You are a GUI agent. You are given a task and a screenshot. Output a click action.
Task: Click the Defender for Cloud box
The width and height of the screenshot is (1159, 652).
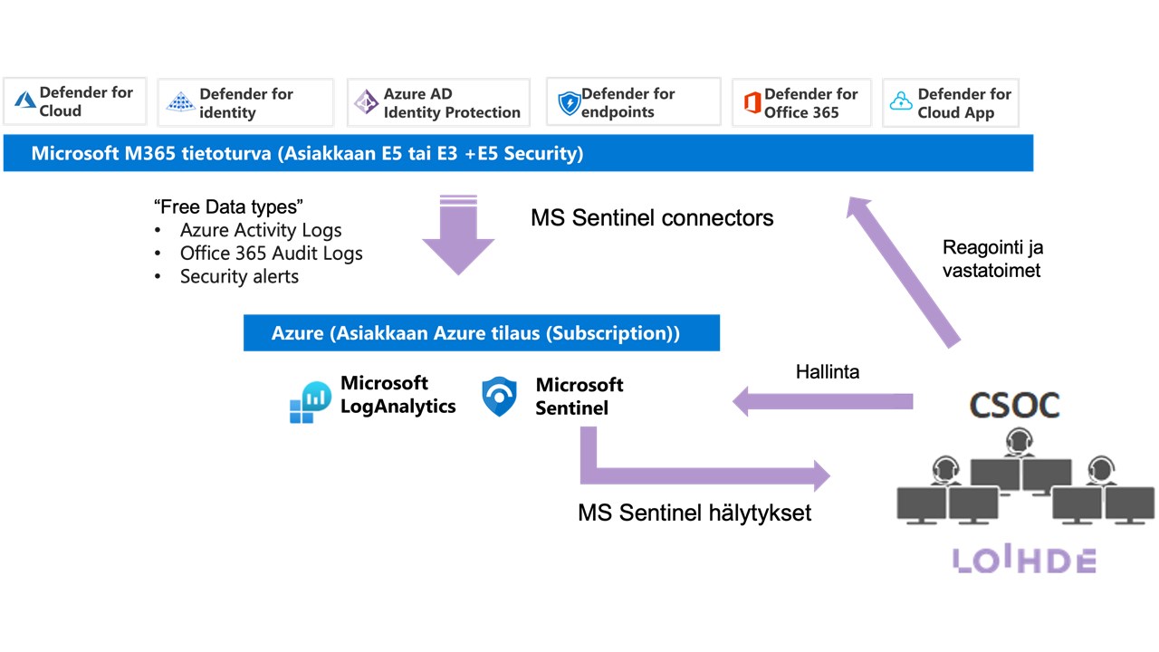point(74,101)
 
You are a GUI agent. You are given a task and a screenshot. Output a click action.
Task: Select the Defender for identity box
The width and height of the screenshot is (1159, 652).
point(245,102)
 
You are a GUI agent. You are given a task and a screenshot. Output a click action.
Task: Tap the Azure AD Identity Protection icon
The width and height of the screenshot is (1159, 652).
point(366,102)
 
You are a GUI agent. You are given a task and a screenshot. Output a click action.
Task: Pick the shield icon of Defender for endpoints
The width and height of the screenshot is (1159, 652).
point(569,103)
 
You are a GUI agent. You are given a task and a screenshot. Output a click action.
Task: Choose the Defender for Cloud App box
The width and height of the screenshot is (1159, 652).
point(950,102)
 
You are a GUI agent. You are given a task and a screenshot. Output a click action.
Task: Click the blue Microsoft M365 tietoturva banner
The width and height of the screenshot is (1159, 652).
point(518,154)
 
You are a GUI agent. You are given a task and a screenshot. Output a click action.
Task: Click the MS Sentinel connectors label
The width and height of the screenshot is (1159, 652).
point(652,218)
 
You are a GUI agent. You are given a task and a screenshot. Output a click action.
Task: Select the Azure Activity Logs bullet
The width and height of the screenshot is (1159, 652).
point(260,230)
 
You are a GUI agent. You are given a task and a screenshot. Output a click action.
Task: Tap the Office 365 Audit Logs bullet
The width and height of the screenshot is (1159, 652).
point(271,254)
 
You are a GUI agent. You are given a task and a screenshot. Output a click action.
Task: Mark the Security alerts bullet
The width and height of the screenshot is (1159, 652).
point(239,277)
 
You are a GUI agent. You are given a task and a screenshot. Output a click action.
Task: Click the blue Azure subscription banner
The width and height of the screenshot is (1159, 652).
point(481,333)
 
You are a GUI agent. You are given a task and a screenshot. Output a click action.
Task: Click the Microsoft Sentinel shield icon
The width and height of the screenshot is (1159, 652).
point(500,398)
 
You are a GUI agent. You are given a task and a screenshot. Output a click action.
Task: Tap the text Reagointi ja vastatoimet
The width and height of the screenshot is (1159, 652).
point(991,258)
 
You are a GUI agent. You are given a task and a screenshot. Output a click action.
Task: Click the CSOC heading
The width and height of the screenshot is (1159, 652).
point(1014,405)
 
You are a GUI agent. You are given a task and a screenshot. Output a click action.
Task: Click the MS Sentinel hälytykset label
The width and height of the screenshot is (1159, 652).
point(694,513)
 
